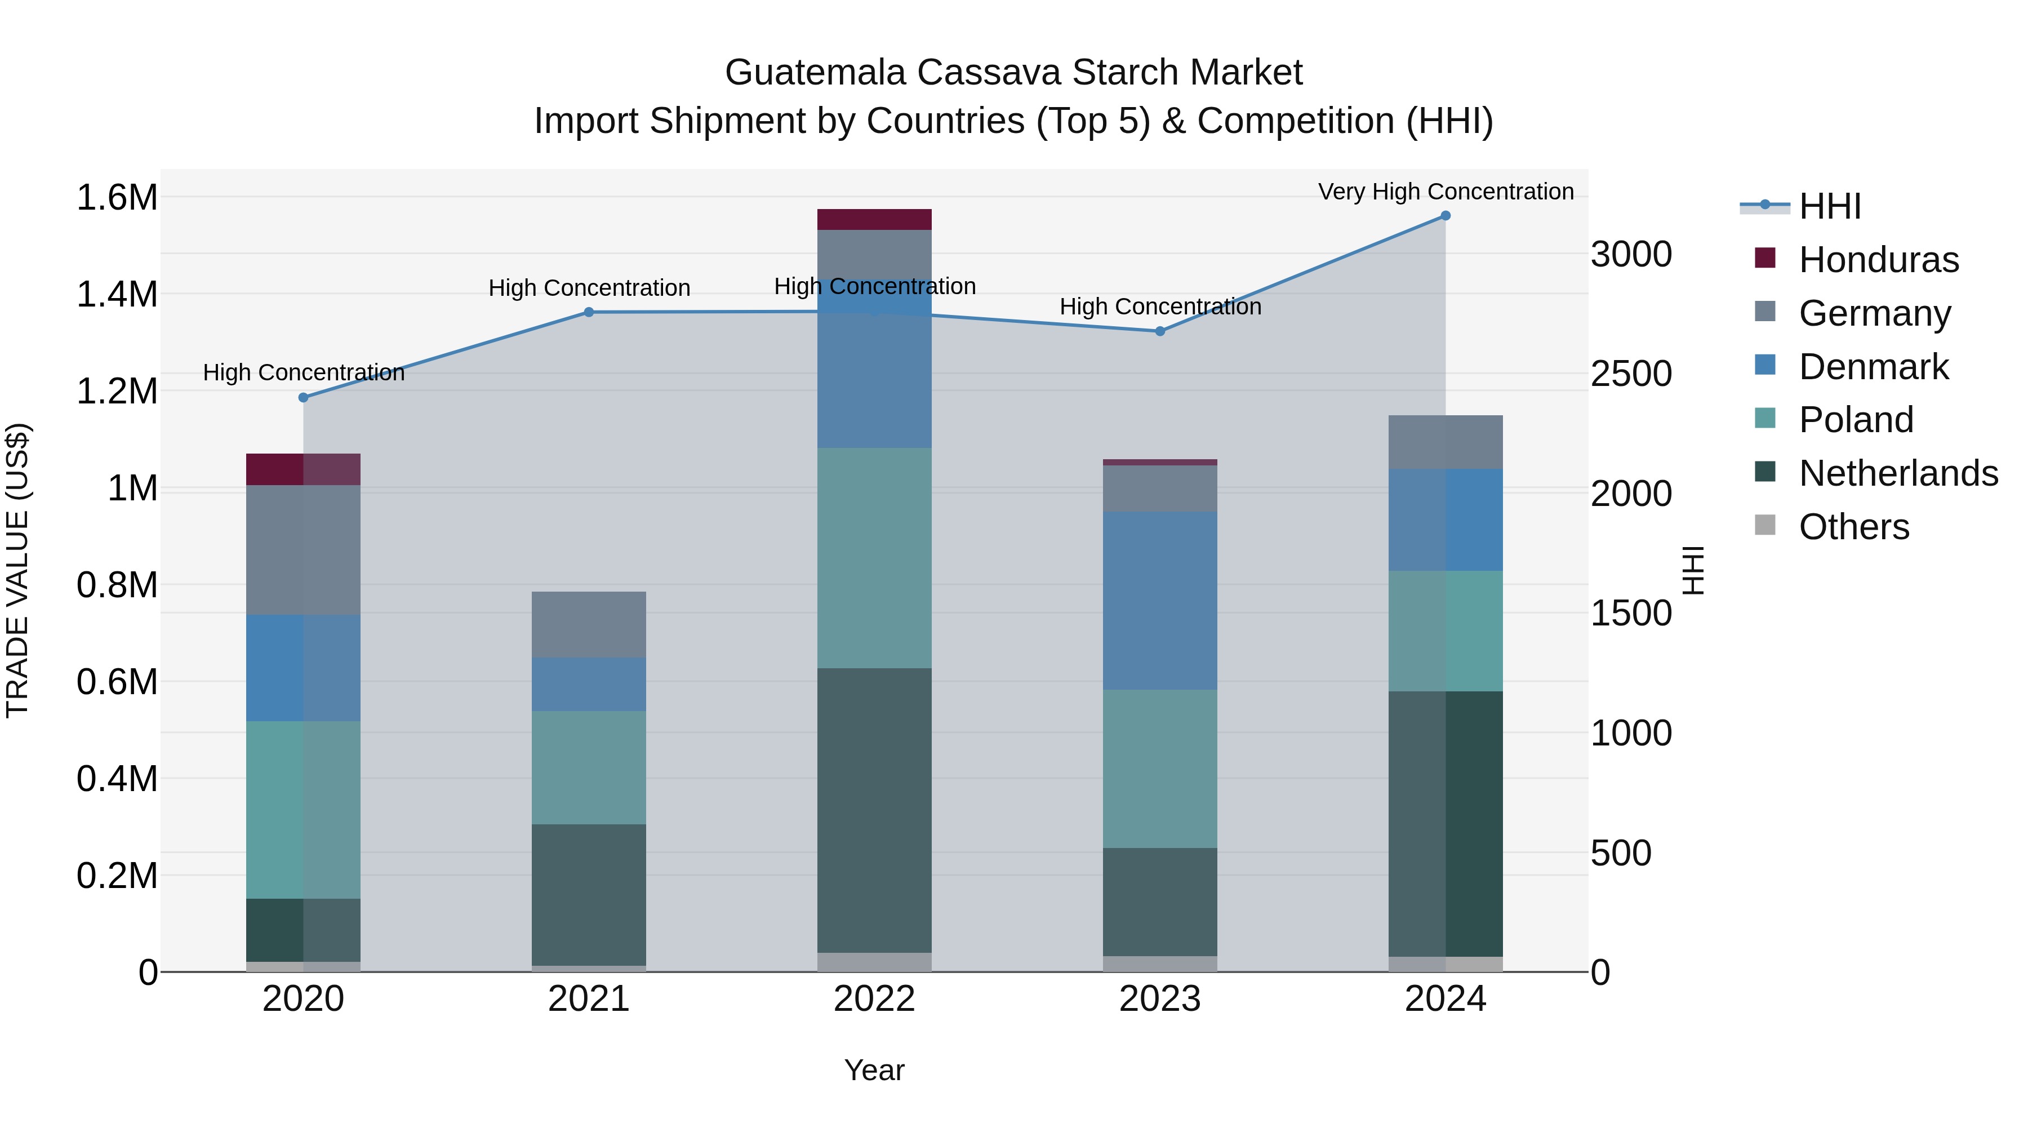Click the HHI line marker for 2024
[x=1446, y=216]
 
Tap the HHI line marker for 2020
[x=303, y=398]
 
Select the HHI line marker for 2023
[x=1160, y=331]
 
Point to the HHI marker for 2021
[x=589, y=313]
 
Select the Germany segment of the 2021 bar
[x=589, y=624]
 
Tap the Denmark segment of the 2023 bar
[x=1160, y=601]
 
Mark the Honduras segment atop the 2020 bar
[x=303, y=469]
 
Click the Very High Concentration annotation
[x=1446, y=192]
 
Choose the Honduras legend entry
[x=1878, y=260]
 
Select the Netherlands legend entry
[x=1898, y=473]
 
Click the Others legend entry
[x=1853, y=527]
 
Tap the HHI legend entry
[x=1830, y=206]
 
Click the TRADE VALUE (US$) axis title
[x=17, y=570]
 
